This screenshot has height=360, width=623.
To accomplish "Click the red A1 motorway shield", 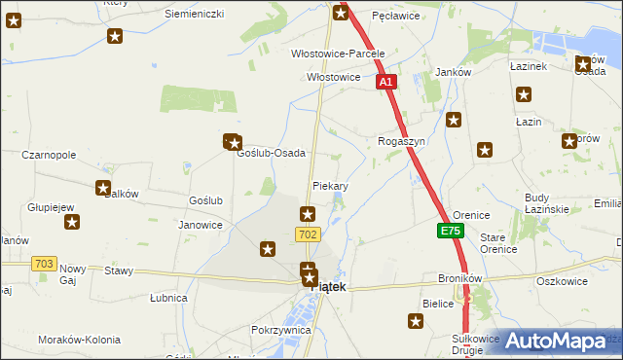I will click(386, 83).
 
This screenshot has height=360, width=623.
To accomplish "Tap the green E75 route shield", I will click(450, 232).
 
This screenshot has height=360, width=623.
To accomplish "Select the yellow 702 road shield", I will click(308, 234).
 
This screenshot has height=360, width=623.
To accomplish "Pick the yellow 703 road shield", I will click(43, 264).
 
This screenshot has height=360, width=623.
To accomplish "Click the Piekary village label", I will click(330, 185).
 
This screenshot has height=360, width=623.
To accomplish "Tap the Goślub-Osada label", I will click(272, 154).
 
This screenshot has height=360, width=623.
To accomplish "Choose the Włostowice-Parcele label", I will click(339, 54).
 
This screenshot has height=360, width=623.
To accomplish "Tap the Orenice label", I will click(471, 214).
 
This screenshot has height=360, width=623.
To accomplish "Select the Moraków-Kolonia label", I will click(79, 340).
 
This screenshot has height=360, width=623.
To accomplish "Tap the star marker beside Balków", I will click(103, 189).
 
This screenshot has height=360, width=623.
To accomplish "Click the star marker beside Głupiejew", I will click(72, 223).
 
